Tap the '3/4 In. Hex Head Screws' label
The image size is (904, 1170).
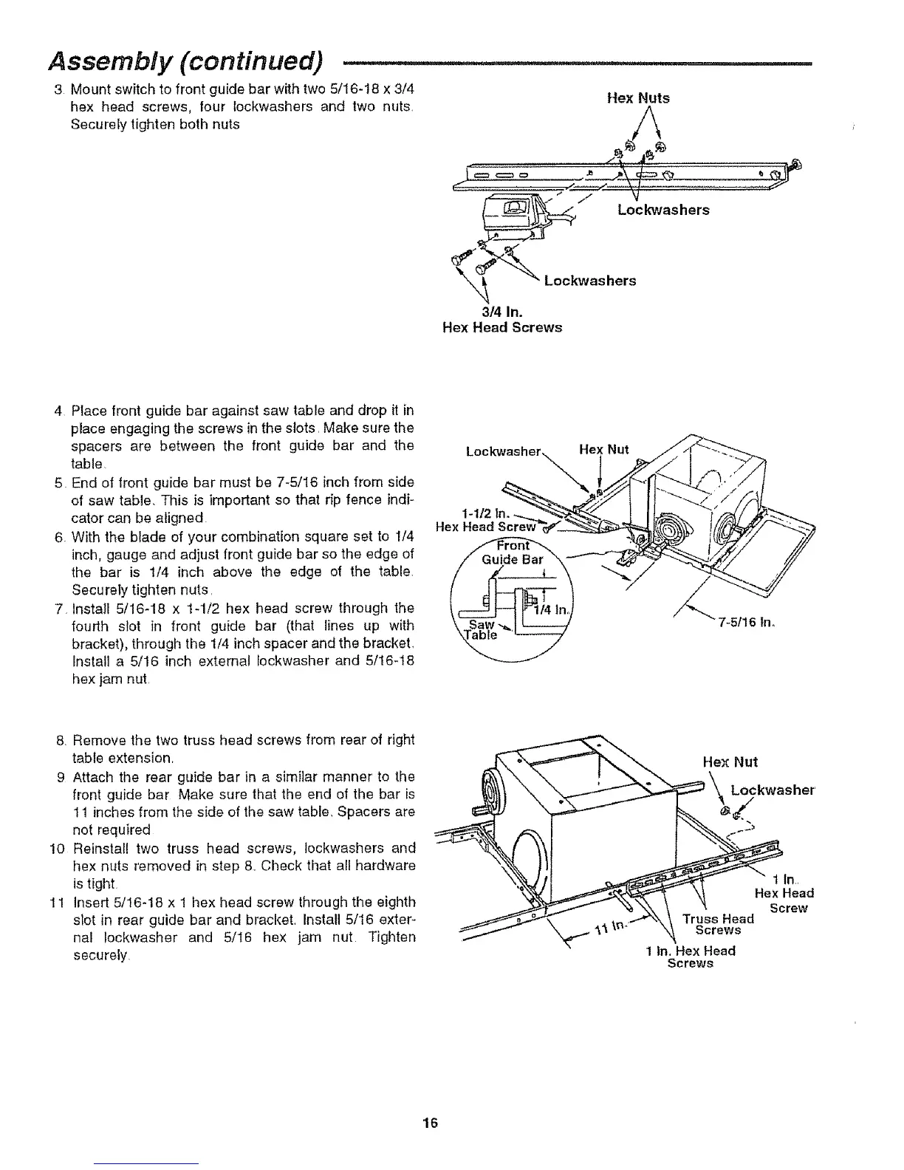click(501, 319)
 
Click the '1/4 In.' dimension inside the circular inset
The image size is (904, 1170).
click(549, 610)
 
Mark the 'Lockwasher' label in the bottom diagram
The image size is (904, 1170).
click(773, 790)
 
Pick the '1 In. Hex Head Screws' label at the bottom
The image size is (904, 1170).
click(690, 957)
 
